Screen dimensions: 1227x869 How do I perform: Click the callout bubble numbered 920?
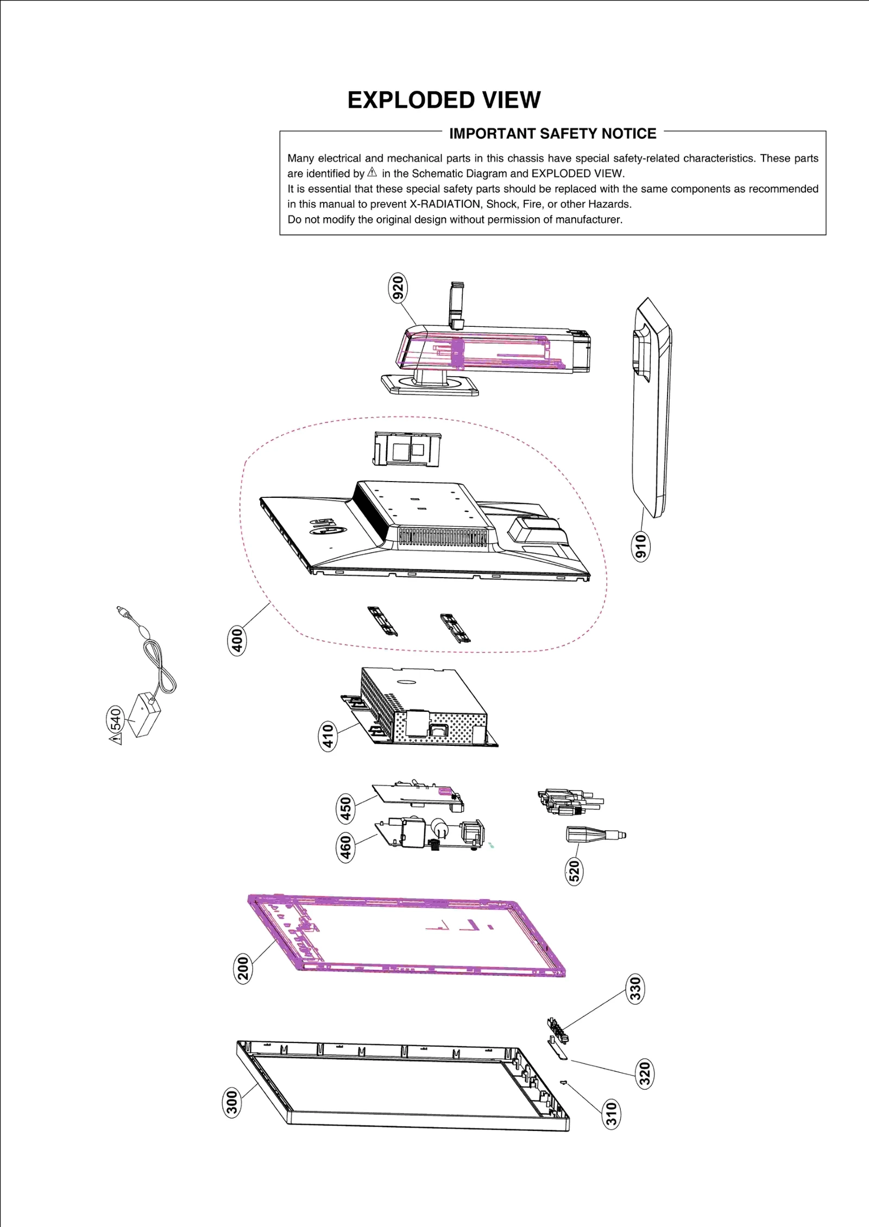coord(398,288)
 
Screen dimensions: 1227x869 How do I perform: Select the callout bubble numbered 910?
coord(641,546)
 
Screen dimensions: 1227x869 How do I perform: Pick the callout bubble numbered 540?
coord(115,720)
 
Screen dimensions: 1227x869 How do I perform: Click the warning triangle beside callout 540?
coord(115,739)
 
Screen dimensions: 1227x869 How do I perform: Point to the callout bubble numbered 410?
coord(328,736)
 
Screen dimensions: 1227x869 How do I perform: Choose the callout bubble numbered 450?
coord(345,808)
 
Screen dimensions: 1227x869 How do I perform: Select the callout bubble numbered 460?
coord(345,847)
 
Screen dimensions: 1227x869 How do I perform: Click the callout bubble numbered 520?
coord(574,871)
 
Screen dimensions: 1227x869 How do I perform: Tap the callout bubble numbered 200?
coord(243,968)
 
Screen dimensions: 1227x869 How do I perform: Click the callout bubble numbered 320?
coord(644,1073)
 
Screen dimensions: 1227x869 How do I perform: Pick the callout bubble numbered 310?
coord(612,1114)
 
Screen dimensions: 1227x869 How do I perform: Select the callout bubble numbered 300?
coord(232,1103)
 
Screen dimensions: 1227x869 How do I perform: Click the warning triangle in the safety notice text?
coord(372,173)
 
